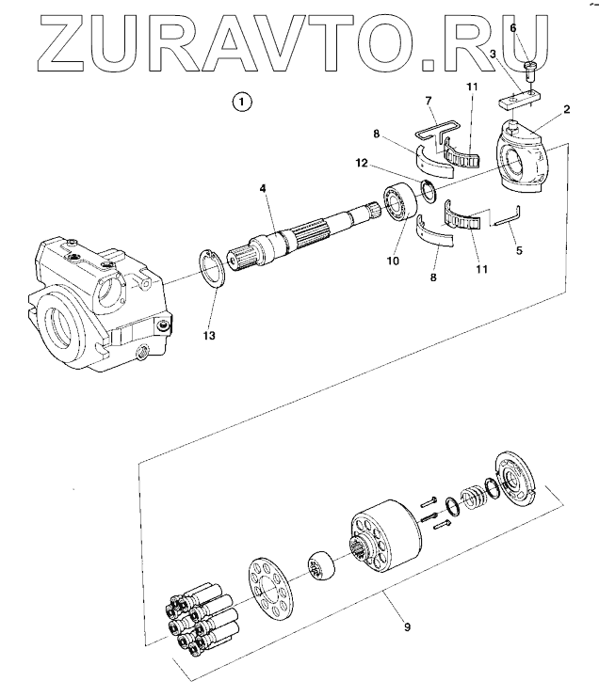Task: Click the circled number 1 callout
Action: tap(243, 100)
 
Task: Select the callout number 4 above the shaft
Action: tap(265, 188)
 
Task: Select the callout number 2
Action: tap(567, 109)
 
